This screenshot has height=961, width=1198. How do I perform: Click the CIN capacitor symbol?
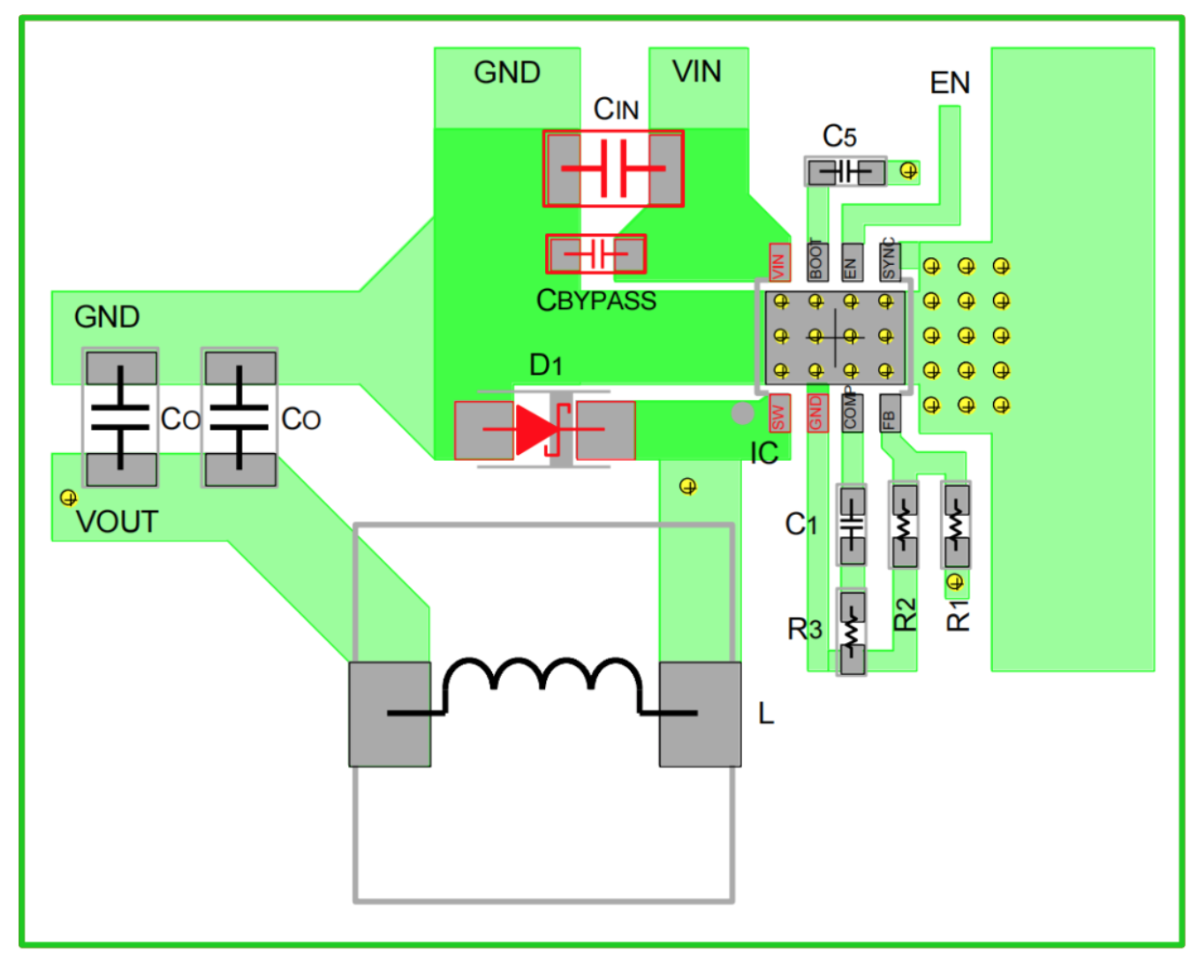point(613,168)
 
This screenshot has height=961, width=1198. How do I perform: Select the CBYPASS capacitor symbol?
point(595,254)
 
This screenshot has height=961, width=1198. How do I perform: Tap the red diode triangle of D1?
point(535,430)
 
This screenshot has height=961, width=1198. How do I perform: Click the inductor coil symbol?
point(542,685)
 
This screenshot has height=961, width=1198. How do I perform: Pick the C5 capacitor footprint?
point(845,171)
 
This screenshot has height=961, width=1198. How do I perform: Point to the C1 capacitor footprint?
point(852,525)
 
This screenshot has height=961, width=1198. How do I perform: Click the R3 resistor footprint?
point(852,632)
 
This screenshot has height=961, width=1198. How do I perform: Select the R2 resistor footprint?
point(903,525)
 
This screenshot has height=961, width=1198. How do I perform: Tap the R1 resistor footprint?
point(956,525)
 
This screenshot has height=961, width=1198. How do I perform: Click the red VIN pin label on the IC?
point(779,262)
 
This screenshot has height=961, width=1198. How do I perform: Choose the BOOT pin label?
point(816,261)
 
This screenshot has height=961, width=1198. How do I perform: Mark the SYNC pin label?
point(889,261)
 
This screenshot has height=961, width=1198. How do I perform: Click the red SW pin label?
point(778,412)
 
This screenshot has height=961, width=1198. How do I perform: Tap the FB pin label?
point(889,412)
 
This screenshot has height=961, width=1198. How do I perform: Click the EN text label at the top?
point(950,83)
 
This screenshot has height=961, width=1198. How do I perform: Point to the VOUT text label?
point(117,522)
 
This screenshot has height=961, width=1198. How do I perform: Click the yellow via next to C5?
point(908,170)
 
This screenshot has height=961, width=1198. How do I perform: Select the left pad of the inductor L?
point(390,714)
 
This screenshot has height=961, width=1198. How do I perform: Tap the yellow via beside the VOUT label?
point(68,498)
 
